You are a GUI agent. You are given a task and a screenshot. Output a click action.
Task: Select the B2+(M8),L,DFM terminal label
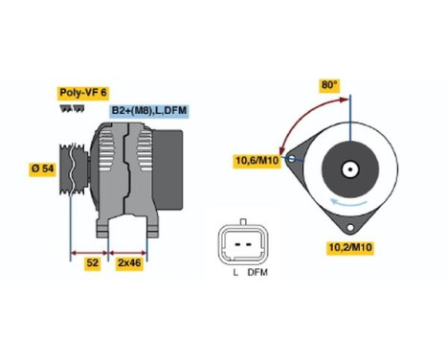(x=148, y=111)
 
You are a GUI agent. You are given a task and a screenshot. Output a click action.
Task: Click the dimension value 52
(x=93, y=261)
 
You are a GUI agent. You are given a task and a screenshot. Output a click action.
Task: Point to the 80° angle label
(x=329, y=85)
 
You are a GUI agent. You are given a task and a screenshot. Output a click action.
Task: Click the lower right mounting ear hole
(x=351, y=227)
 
